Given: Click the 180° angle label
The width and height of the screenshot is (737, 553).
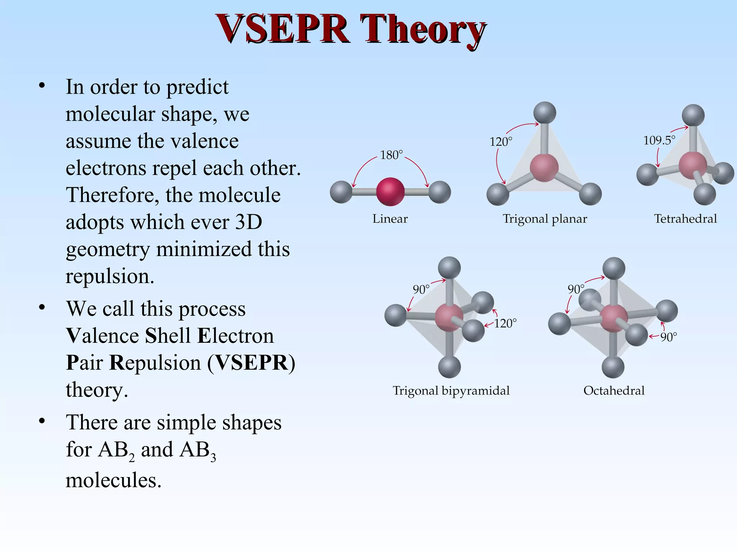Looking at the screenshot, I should [x=391, y=155].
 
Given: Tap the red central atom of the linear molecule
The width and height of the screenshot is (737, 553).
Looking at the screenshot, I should [x=390, y=192].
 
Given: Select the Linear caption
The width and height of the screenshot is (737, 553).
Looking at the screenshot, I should [x=390, y=219].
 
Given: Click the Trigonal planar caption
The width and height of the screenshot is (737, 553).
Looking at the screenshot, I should [x=544, y=219].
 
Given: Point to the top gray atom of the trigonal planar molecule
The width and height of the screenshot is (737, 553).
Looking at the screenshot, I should [x=544, y=113].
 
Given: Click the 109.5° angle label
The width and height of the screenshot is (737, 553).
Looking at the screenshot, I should [x=659, y=140].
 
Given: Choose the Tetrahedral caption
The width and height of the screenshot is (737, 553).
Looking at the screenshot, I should [x=685, y=219].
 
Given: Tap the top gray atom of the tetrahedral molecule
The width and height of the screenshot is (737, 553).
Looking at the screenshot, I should [x=693, y=115].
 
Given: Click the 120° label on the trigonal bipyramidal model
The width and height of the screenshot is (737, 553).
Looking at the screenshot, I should [x=505, y=323].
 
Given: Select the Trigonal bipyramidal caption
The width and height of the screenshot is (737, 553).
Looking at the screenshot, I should [x=451, y=391].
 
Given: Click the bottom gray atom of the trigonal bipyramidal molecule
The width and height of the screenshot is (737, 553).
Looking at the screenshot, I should [x=449, y=367].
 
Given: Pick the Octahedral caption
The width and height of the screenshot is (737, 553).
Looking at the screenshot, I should [x=614, y=391].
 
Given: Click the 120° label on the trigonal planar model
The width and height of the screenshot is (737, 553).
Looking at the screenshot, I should [x=501, y=142].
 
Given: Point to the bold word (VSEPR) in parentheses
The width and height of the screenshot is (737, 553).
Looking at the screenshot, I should [x=251, y=363].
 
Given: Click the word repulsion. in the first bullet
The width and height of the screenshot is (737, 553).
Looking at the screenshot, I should [x=110, y=276].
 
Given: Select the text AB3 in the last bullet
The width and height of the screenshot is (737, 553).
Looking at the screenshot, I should [x=198, y=450].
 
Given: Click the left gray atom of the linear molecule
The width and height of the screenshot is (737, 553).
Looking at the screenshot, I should [x=341, y=192].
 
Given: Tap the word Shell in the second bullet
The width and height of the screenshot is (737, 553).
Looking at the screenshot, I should [x=168, y=336].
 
